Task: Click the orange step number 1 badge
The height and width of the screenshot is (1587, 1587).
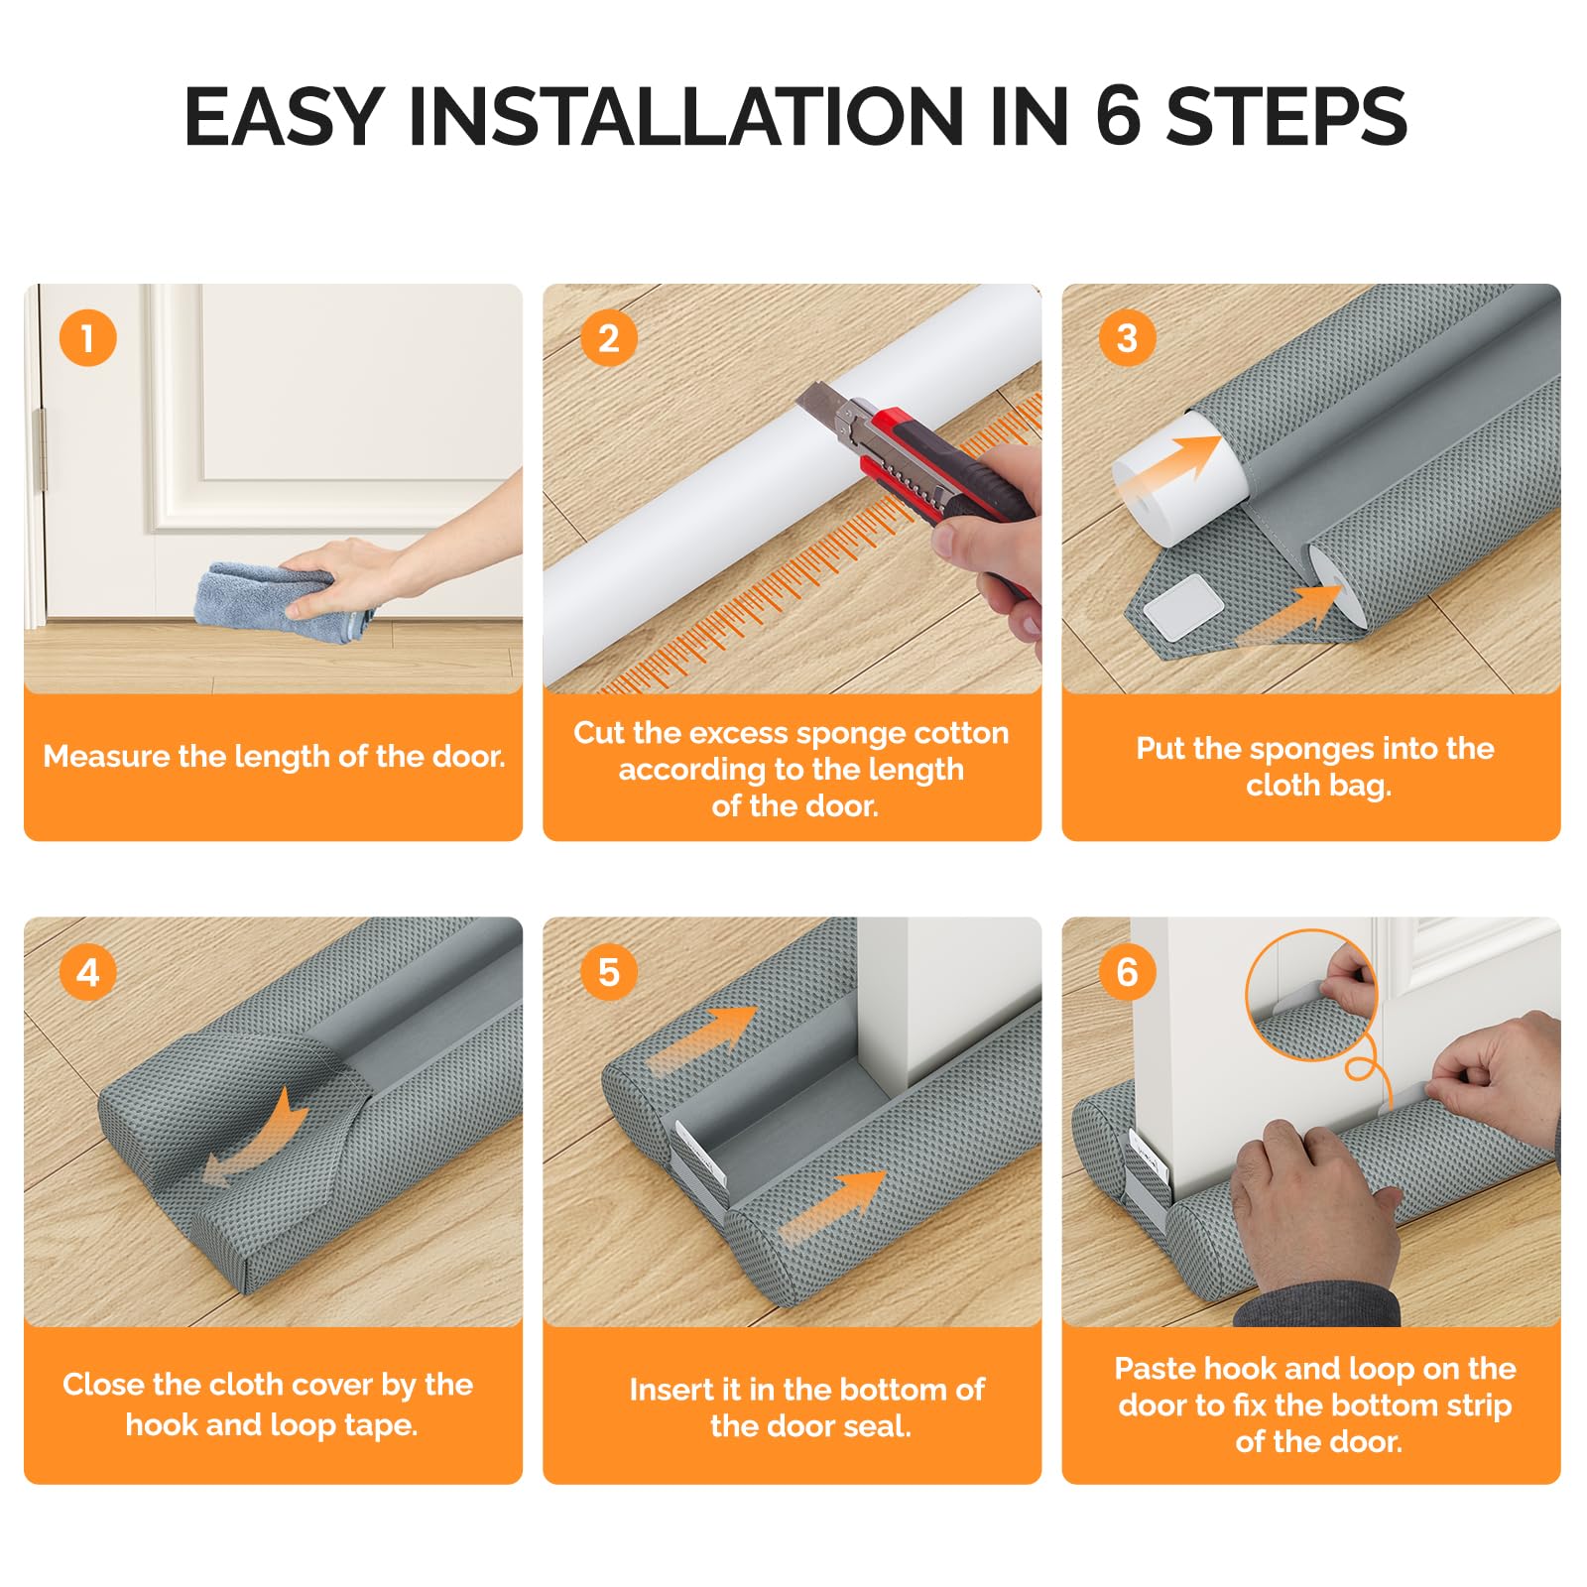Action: [x=88, y=338]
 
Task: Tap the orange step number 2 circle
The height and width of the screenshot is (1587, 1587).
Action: [x=608, y=338]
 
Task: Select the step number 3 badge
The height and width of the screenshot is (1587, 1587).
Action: [x=1127, y=338]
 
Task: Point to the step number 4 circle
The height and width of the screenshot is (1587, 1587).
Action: [x=88, y=972]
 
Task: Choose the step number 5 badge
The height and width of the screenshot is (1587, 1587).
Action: [x=608, y=972]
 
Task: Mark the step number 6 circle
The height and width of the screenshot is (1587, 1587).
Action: [x=1127, y=972]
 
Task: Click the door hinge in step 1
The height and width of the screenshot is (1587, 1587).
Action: [x=40, y=451]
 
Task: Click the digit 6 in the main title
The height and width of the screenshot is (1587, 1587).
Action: [x=1118, y=116]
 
